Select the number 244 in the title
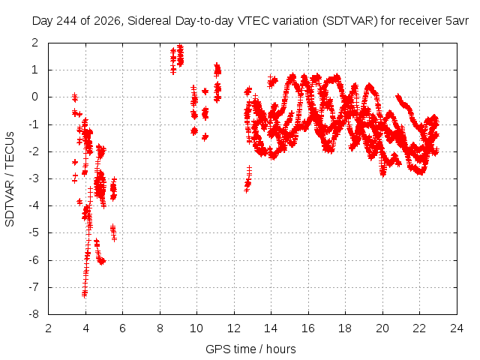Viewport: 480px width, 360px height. point(66,21)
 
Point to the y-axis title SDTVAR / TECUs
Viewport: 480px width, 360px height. point(10,179)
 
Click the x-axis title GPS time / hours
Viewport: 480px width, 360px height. point(250,349)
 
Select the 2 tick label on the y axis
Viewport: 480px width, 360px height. point(35,43)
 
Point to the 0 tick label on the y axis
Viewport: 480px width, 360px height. point(35,97)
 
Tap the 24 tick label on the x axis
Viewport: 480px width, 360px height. point(457,328)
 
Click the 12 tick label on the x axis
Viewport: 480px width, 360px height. point(234,328)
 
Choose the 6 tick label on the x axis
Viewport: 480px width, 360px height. point(122,328)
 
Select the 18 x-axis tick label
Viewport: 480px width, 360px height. point(345,328)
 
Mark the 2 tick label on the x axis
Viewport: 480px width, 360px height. point(48,328)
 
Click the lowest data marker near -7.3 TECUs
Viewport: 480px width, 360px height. point(85,295)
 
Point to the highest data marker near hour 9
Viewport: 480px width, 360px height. point(180,47)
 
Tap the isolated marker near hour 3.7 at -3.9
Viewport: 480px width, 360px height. point(79,202)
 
